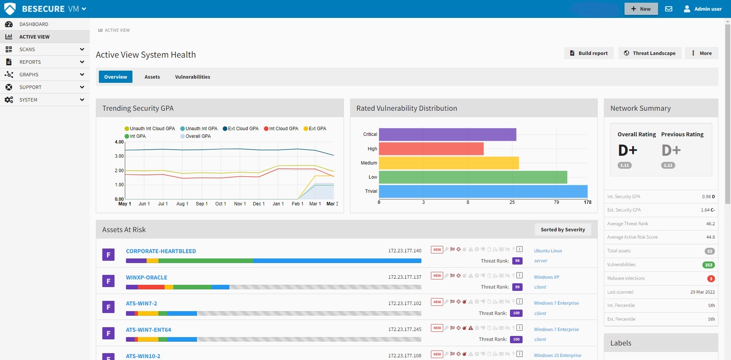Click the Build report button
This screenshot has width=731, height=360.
(589, 53)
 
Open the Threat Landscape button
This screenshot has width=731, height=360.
(650, 53)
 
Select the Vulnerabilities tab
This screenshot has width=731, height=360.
(192, 77)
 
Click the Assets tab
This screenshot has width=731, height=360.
(152, 77)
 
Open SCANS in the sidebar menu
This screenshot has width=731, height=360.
(27, 49)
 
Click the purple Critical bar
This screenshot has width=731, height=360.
(447, 134)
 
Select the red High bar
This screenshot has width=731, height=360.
(431, 149)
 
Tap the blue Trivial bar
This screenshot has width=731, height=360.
(483, 191)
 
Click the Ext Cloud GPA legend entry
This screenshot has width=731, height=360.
(240, 129)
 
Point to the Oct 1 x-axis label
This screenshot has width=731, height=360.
(221, 204)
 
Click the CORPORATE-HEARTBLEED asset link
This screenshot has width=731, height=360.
(161, 251)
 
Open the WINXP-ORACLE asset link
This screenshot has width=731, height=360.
(147, 278)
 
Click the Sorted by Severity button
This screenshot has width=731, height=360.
(563, 229)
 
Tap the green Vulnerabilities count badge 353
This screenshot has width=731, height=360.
(708, 265)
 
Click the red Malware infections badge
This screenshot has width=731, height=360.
(711, 279)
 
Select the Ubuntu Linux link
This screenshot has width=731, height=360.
(548, 251)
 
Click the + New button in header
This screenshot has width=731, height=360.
(641, 9)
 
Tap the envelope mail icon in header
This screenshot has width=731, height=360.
(668, 9)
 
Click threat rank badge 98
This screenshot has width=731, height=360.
(517, 261)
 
